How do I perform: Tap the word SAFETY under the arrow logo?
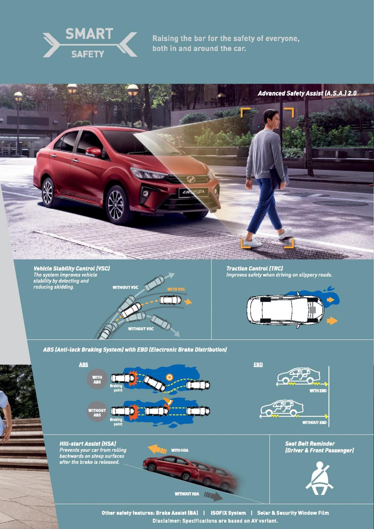coord(87,54)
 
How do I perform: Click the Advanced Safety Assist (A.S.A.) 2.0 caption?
coord(307,93)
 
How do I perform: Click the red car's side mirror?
coord(94,152)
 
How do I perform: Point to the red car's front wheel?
coord(116,205)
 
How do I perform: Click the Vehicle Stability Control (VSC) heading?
coord(72,269)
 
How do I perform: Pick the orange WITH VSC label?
coord(176,289)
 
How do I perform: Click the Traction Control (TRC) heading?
coord(254,269)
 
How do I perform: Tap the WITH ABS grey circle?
coord(97,379)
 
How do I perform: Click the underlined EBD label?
coord(258,365)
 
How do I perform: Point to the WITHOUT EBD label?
coord(314,423)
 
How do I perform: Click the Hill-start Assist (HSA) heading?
coord(87,444)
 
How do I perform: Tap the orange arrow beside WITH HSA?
coord(157,449)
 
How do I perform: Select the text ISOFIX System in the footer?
coord(228,513)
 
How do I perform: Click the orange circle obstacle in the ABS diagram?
coord(169,377)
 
